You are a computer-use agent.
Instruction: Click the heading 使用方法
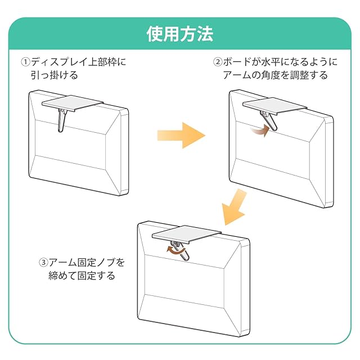click(x=179, y=34)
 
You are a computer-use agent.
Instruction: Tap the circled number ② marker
click(x=217, y=61)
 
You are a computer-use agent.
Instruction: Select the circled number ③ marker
click(x=43, y=263)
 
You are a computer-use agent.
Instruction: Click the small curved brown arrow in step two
click(x=259, y=131)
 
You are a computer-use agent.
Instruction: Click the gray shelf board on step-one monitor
click(x=73, y=103)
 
